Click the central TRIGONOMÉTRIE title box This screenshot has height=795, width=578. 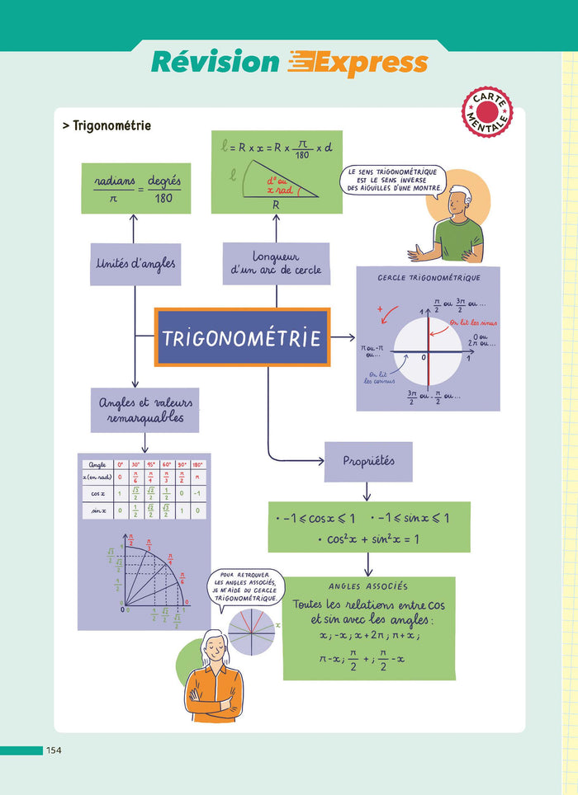pos(242,337)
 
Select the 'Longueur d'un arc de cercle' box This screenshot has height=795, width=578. pos(276,263)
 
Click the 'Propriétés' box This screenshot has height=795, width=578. pos(367,462)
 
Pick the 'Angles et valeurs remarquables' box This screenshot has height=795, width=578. pos(144,410)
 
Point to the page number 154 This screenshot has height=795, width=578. pos(54,750)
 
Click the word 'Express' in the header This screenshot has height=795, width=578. pos(359,63)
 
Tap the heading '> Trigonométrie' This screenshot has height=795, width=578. pos(107,126)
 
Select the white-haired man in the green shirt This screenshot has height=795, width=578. pos(450,227)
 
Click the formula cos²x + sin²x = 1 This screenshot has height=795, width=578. pos(368,539)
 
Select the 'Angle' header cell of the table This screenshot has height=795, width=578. pos(97,464)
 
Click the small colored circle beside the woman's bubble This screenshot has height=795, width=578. pos(252,633)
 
